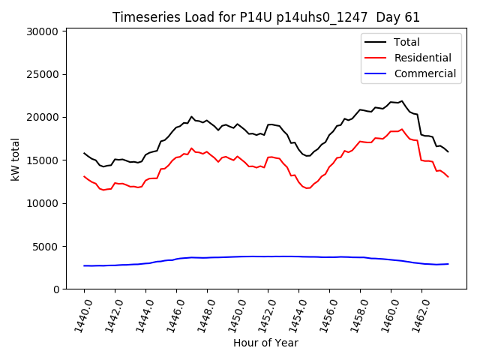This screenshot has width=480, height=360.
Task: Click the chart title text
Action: (266, 17)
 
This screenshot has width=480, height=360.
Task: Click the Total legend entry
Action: (406, 42)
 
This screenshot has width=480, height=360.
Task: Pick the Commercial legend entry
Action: (425, 73)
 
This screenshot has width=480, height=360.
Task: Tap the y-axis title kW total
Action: (14, 160)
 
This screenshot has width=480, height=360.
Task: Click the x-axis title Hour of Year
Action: (265, 343)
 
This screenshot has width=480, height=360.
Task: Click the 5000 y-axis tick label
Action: (46, 247)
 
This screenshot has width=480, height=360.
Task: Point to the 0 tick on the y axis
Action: (56, 289)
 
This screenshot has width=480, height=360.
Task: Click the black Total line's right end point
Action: (448, 151)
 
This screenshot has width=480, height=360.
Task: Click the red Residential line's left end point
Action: (84, 176)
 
